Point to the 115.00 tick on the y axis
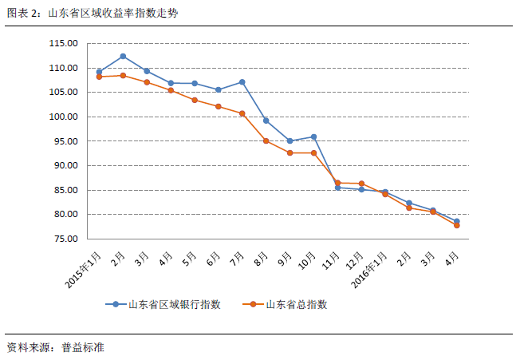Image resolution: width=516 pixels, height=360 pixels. (62, 43)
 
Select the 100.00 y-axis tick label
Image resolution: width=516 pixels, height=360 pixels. (62, 117)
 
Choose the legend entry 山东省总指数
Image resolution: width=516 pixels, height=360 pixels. (295, 304)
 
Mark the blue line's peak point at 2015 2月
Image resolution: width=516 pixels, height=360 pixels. (123, 56)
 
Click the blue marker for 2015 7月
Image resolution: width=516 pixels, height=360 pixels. (242, 81)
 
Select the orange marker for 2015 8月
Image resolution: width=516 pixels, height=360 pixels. (266, 140)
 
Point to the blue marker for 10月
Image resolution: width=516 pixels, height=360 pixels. (313, 136)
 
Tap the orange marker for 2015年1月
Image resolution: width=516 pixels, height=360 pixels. (99, 77)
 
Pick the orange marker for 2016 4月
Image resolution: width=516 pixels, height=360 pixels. (456, 225)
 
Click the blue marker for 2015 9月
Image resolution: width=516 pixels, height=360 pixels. (290, 140)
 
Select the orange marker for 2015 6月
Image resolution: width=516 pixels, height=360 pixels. (218, 106)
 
